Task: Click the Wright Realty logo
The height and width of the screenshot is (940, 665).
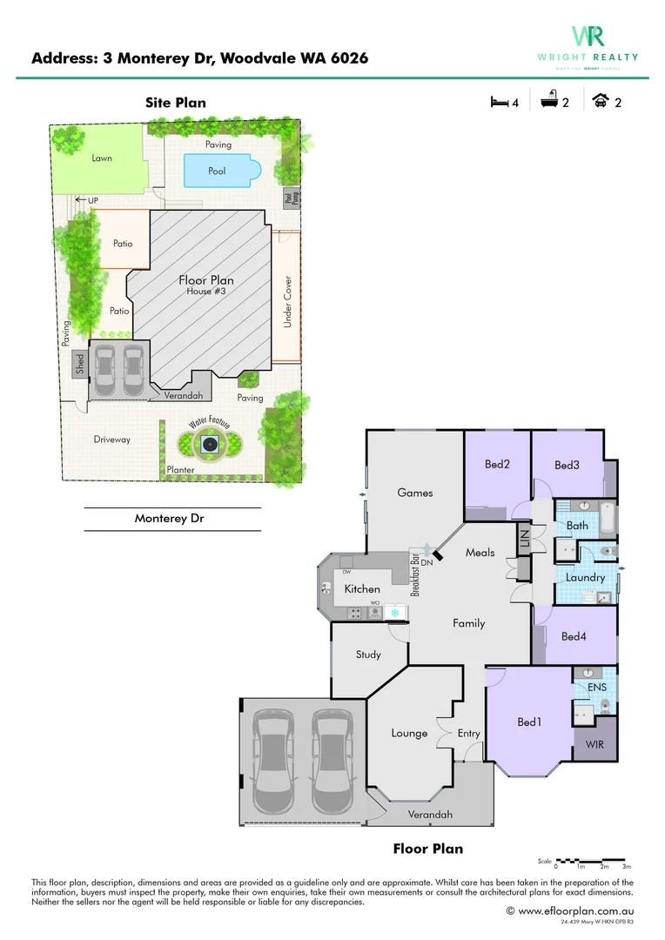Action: (588, 43)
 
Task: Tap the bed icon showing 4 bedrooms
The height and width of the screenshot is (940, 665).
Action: (500, 102)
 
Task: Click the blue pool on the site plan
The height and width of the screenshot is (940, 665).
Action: (217, 171)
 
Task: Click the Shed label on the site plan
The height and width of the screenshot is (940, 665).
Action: (79, 362)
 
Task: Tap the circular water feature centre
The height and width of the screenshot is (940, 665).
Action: (209, 445)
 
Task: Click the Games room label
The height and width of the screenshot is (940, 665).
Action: (414, 492)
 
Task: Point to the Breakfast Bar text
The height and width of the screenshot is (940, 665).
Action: (416, 574)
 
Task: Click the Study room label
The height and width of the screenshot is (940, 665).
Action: (368, 654)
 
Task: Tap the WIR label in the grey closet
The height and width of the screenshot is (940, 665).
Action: (594, 745)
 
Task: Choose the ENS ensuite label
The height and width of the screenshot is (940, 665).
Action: (596, 688)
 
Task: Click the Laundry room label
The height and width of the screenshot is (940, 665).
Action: (585, 577)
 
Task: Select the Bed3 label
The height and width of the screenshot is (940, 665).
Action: (567, 465)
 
